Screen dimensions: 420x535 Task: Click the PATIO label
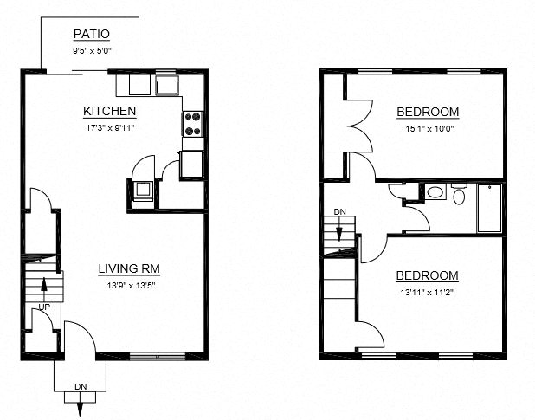(x=91, y=36)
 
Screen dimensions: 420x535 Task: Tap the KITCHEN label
(x=109, y=111)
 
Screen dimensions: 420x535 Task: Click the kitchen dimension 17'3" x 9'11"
(x=109, y=127)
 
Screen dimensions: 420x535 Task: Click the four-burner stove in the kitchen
(x=193, y=125)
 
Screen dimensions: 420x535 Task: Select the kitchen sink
(x=166, y=86)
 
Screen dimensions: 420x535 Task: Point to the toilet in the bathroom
(x=458, y=195)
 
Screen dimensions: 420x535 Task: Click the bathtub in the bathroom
(x=490, y=208)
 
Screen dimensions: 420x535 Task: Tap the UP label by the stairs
(x=42, y=307)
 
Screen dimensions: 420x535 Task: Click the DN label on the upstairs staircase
(x=340, y=212)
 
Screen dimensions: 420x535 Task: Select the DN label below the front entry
(x=81, y=386)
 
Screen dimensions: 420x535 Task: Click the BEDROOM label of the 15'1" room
(x=427, y=112)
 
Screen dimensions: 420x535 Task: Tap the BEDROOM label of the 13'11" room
(x=427, y=276)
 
